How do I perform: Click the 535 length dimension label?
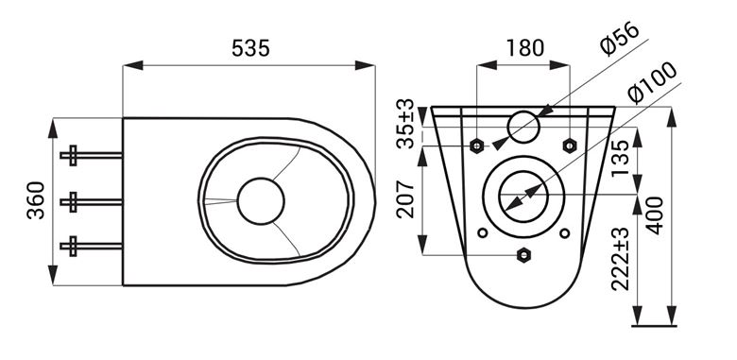pos(251,48)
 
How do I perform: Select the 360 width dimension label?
pos(36,200)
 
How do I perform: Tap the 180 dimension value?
pos(525,48)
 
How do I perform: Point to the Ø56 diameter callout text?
pos(621,39)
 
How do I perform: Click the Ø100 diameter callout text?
pos(652,82)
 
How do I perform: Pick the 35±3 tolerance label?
pos(405,124)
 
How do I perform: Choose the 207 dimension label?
pos(405,198)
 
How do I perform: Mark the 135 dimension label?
pos(621,159)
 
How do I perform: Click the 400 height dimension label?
pos(654,215)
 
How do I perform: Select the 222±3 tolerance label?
pos(621,259)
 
